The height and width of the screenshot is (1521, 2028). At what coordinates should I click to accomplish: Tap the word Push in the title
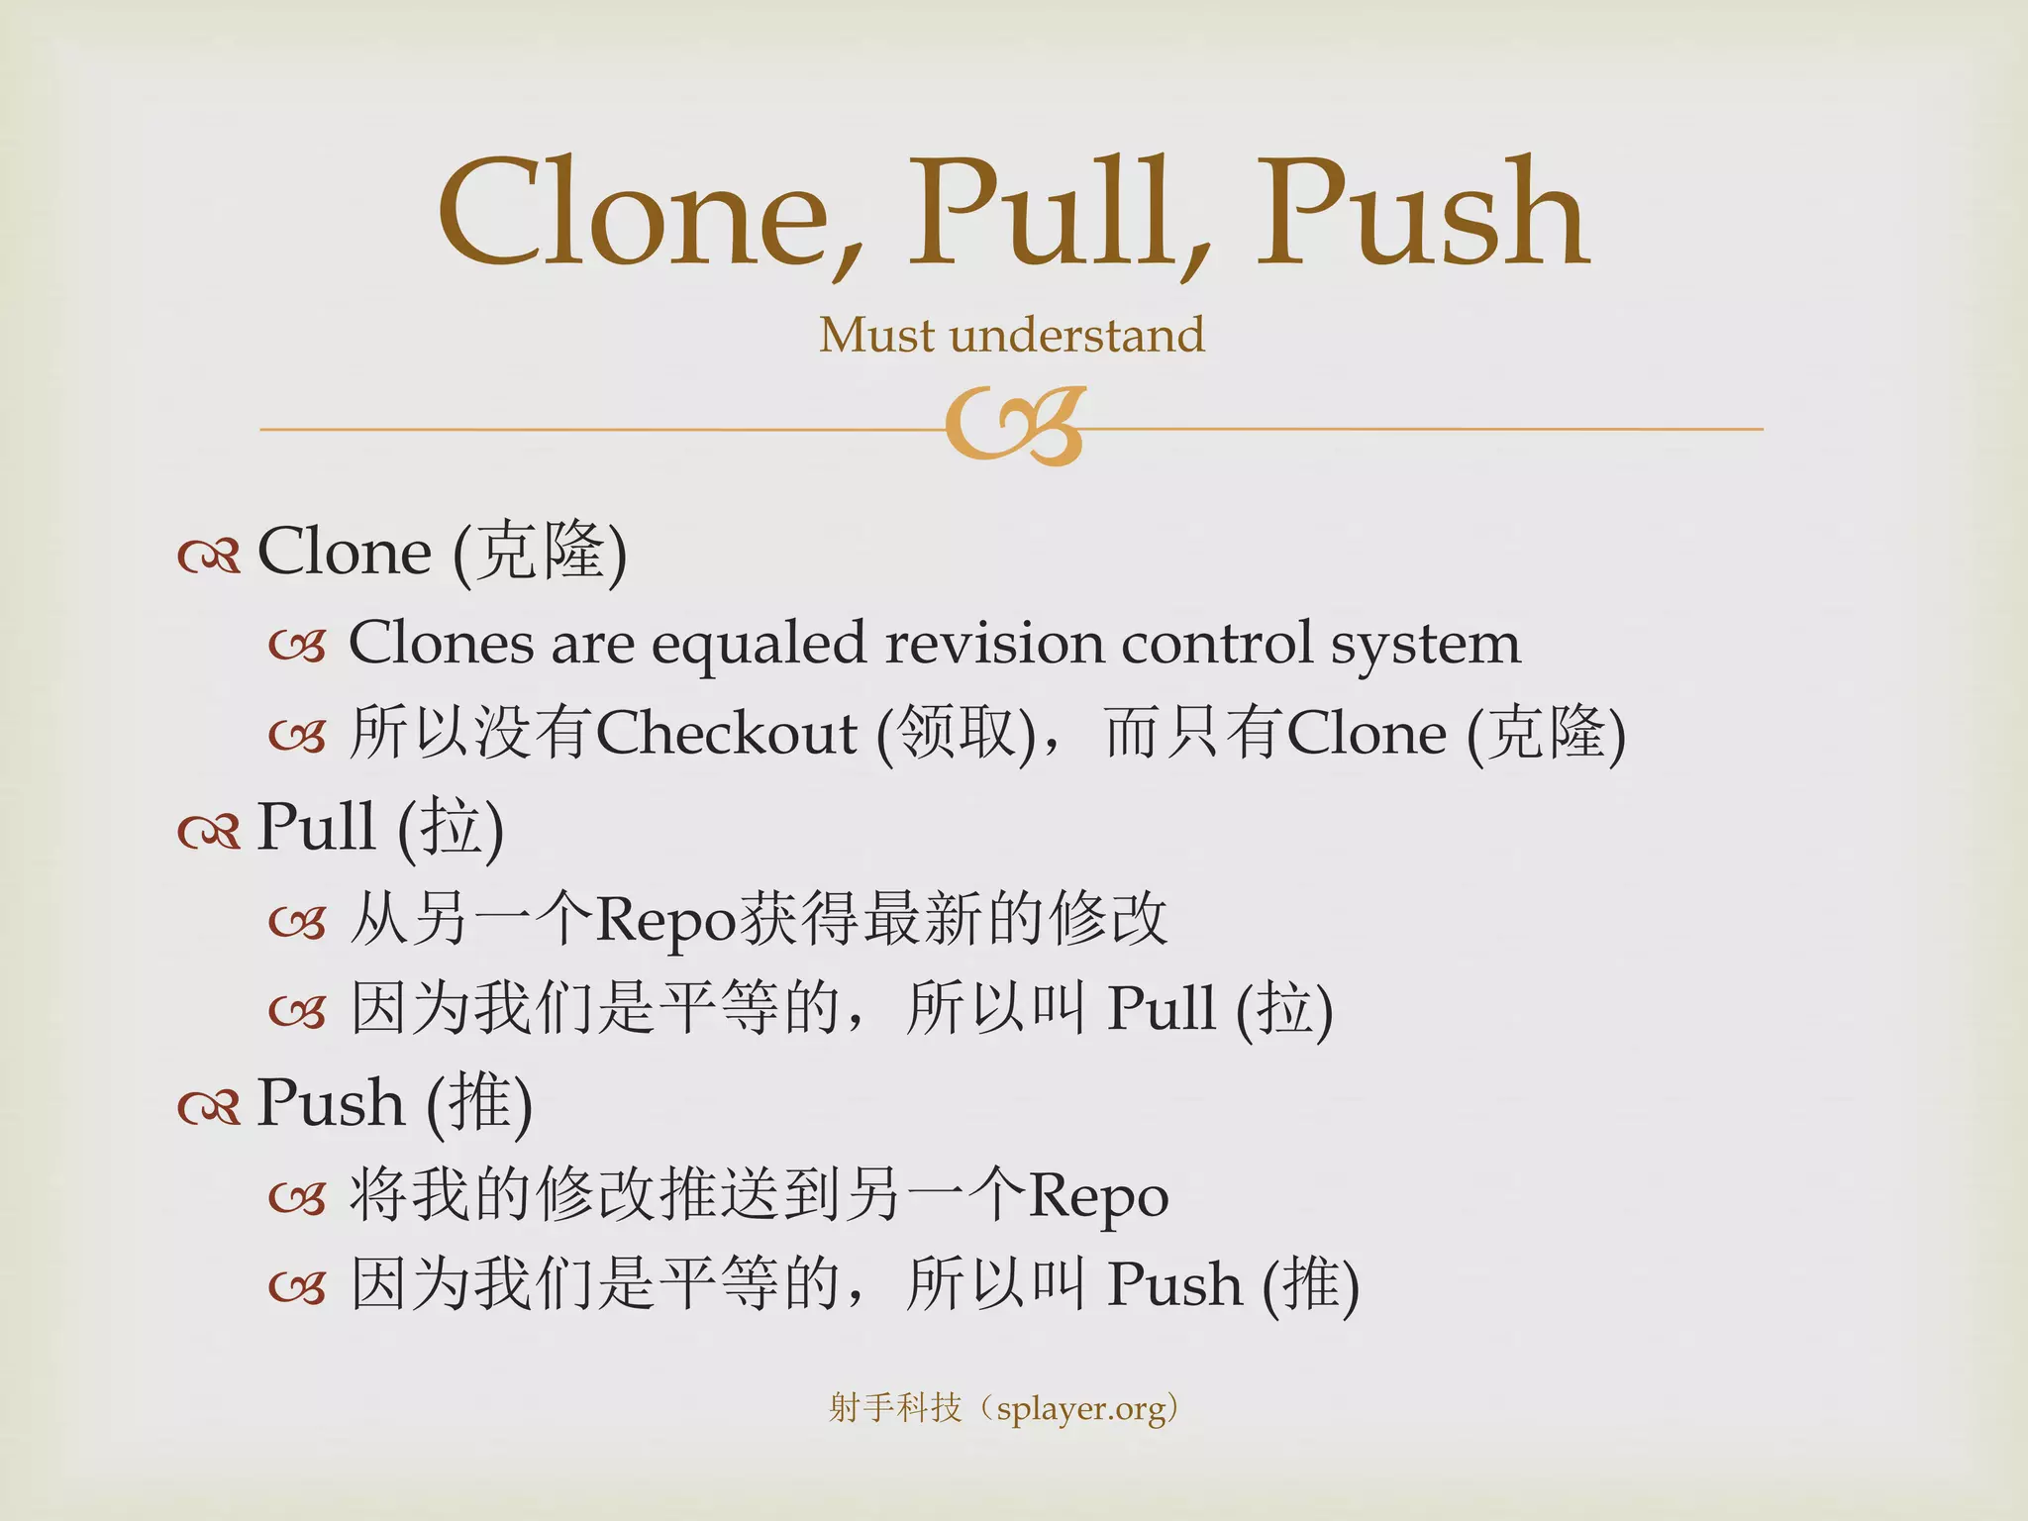click(x=1422, y=213)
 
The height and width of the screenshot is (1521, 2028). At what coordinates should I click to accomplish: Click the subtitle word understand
click(x=1076, y=335)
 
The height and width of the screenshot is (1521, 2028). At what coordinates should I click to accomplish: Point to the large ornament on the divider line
click(x=1016, y=427)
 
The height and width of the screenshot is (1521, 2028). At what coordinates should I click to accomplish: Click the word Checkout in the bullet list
click(x=726, y=734)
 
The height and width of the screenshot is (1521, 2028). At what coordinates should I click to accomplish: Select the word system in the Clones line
click(x=1425, y=645)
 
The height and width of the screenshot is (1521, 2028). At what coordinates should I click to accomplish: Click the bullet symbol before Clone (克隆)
click(x=209, y=557)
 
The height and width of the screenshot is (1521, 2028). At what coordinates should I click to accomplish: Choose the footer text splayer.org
click(x=1081, y=1408)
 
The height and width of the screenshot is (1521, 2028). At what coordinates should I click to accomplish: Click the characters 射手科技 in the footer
click(x=894, y=1407)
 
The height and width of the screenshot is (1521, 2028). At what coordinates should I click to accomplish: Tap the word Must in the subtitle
click(x=876, y=335)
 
